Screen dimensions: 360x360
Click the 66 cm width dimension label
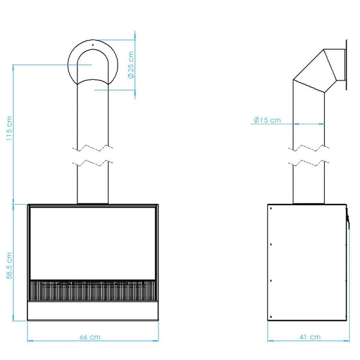click(x=90, y=337)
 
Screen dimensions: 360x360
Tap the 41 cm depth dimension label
click(x=310, y=337)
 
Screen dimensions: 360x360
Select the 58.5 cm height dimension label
click(x=10, y=266)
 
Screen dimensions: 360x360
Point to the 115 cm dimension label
click(x=10, y=128)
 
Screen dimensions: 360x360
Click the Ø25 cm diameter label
click(x=131, y=65)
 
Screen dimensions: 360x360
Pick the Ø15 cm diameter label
click(x=267, y=120)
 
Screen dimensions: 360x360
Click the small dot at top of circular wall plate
click(x=93, y=45)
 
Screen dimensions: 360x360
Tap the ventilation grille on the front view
click(x=92, y=290)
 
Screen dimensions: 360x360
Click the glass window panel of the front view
click(x=92, y=244)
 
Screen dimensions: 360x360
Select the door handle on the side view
click(x=348, y=218)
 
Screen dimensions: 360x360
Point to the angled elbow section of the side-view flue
click(x=315, y=71)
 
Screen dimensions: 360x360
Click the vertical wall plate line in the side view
click(x=346, y=65)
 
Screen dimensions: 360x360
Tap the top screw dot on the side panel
click(x=271, y=208)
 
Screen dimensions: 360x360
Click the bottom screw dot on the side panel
click(x=271, y=317)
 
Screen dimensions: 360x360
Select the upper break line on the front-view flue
click(x=92, y=148)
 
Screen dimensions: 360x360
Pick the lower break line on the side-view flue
click(x=308, y=163)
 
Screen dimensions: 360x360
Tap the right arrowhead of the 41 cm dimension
click(x=347, y=341)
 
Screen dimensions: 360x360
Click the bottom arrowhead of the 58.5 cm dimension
click(x=13, y=318)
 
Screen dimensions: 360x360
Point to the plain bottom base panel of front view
click(x=93, y=310)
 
